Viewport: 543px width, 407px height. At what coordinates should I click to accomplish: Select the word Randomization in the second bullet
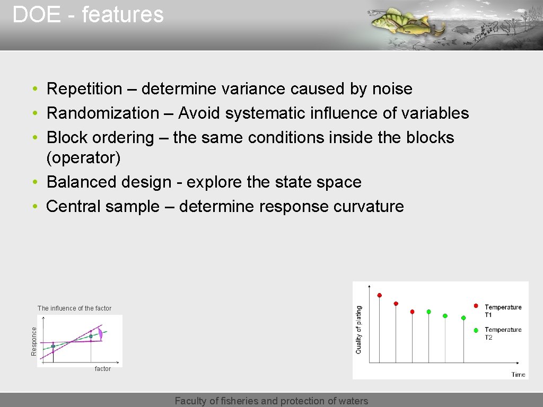103,113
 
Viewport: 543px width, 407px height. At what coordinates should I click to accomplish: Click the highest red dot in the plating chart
379,295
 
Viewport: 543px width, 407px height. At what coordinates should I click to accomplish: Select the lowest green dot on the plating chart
463,318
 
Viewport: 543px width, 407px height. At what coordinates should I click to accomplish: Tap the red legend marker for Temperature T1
476,306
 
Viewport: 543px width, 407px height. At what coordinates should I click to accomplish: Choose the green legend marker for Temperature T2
476,330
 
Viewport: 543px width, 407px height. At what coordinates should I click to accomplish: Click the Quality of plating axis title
359,330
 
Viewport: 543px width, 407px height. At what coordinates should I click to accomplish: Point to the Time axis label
518,375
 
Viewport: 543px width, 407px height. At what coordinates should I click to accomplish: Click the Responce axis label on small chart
34,341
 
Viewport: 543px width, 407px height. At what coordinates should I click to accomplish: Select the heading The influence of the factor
74,308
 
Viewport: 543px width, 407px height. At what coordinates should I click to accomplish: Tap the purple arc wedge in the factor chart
100,334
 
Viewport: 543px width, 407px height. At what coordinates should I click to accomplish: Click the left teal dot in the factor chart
53,346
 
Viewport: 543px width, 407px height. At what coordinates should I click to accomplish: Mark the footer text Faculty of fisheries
271,401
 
